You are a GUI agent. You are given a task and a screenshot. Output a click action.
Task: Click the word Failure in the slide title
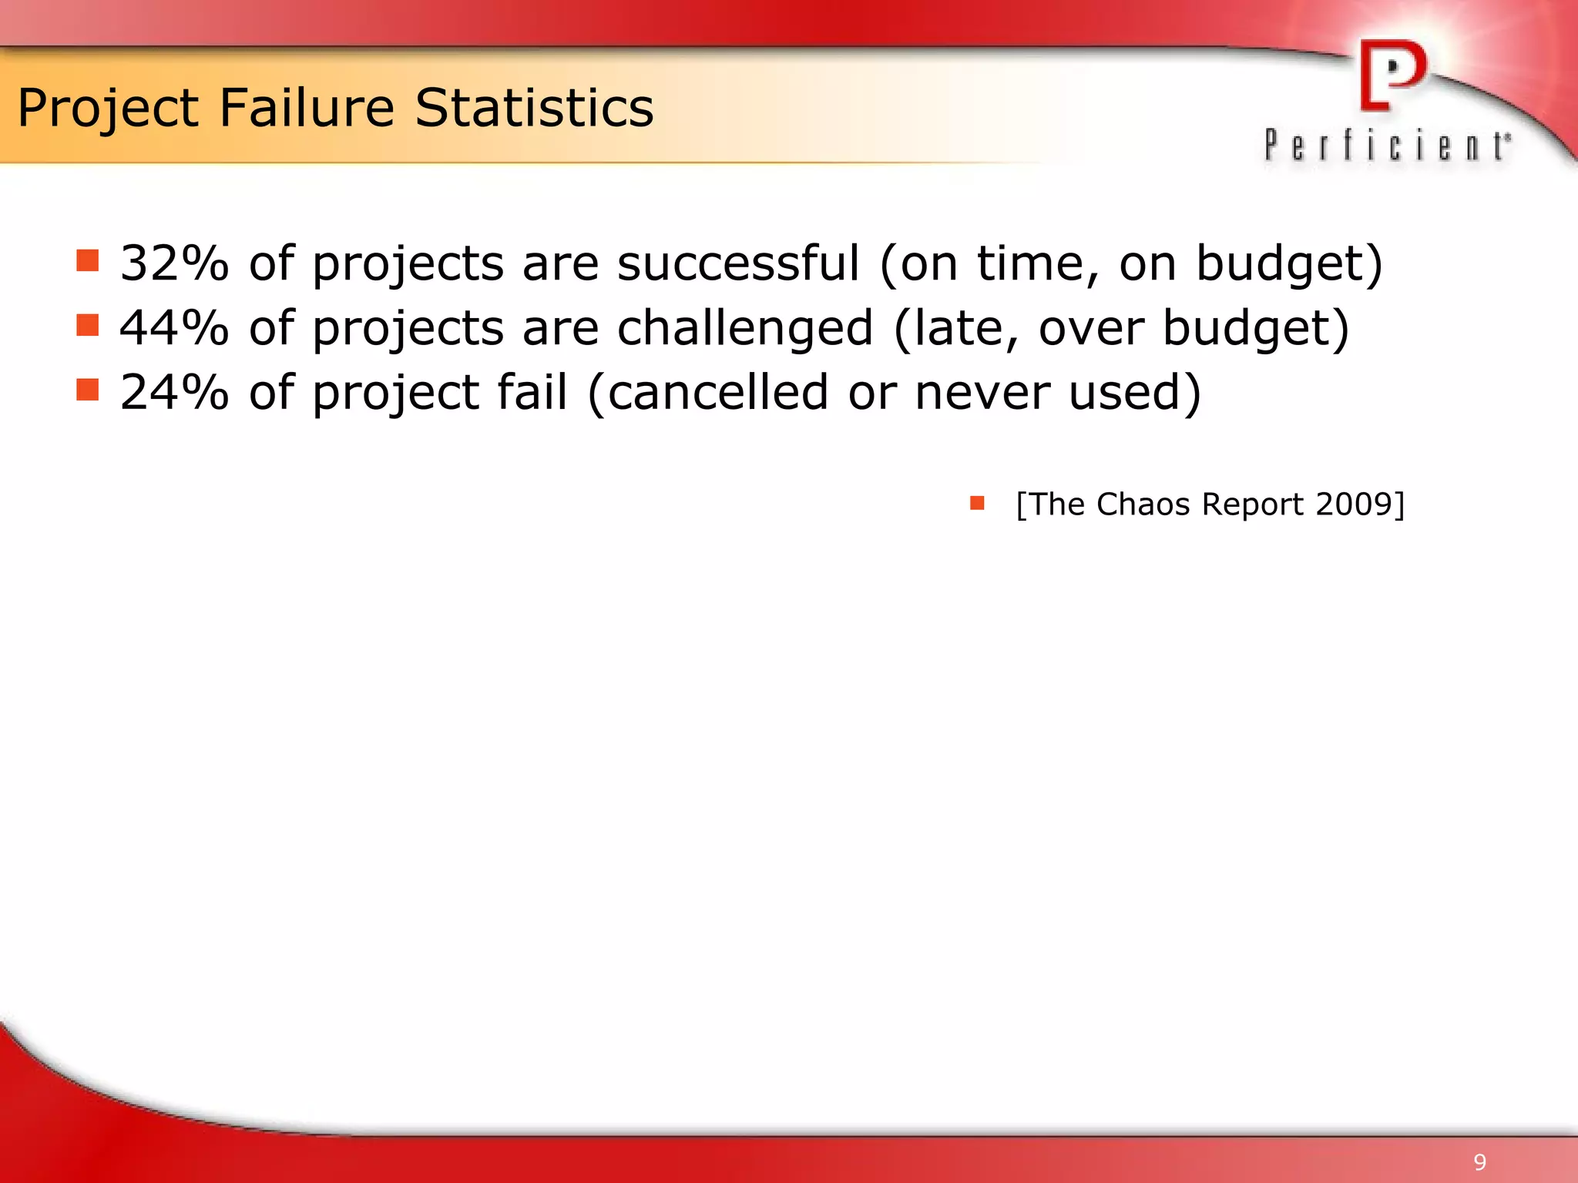coord(307,108)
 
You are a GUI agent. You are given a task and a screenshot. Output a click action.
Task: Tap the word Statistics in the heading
coord(534,108)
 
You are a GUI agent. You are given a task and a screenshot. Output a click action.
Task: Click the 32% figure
coord(174,263)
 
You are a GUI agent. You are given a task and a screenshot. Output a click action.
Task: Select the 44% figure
coord(174,328)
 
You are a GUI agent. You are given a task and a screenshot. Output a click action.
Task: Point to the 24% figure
coord(174,393)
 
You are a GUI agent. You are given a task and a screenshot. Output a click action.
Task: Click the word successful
coord(737,263)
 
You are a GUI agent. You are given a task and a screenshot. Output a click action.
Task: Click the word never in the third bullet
coord(982,393)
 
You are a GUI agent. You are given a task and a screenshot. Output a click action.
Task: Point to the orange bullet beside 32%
coord(88,261)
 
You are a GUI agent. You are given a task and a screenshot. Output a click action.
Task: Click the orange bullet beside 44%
coord(88,326)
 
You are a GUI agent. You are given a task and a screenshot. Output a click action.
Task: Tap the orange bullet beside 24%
coord(88,390)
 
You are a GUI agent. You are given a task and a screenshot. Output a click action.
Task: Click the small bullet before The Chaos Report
coord(977,504)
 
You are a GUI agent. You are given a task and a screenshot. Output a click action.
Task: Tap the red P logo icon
coord(1392,75)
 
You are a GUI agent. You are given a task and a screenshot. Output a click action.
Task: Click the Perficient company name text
coord(1387,146)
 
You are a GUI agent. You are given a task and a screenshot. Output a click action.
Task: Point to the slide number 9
coord(1479,1162)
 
